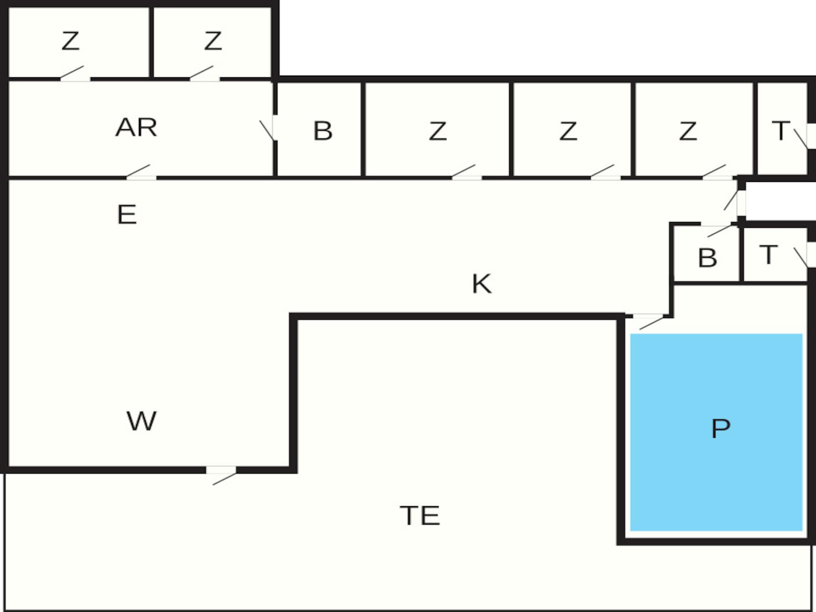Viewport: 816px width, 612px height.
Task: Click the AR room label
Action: click(x=136, y=127)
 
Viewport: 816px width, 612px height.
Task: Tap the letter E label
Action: click(x=127, y=214)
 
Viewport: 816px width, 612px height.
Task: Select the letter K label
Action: click(x=482, y=283)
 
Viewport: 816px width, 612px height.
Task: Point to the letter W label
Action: click(x=142, y=421)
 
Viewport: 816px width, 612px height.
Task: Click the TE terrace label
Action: click(x=420, y=516)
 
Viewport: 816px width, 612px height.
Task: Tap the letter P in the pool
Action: click(x=721, y=428)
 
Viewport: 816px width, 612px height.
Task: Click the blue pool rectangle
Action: click(x=716, y=432)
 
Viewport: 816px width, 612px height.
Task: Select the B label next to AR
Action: click(x=323, y=130)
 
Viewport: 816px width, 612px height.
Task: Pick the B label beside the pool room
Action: click(x=708, y=258)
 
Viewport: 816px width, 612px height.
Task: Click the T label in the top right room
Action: click(x=781, y=130)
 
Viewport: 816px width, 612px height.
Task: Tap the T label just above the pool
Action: click(x=768, y=255)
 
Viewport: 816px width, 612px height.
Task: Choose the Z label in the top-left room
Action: click(x=71, y=41)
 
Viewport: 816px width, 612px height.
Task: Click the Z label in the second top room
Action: click(x=213, y=41)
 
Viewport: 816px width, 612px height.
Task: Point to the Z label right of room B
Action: click(x=438, y=131)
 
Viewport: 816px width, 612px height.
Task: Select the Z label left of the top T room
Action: click(x=688, y=131)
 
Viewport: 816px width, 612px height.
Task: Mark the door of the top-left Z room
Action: click(x=75, y=74)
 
